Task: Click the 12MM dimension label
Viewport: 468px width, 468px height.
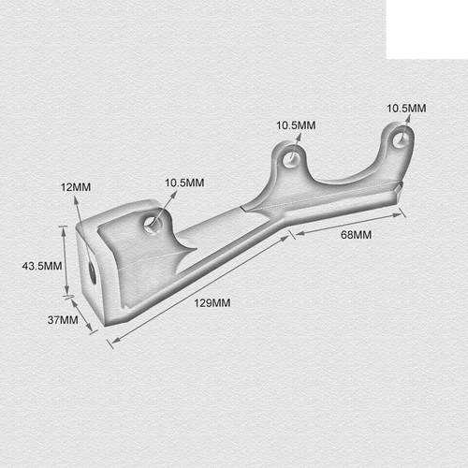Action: click(75, 187)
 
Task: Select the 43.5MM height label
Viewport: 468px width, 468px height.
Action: click(42, 266)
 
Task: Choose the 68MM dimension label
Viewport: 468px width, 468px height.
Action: click(356, 235)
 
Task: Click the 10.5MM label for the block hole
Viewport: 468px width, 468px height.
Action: click(184, 183)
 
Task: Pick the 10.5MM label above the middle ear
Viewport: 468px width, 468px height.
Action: click(296, 125)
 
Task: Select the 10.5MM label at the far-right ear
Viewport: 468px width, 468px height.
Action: click(406, 109)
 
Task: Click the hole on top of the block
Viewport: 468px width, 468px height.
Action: click(152, 223)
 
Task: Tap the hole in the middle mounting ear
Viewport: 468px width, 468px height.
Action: click(293, 158)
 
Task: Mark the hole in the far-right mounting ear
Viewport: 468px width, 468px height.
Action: click(402, 139)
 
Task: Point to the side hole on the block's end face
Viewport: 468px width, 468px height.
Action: click(92, 271)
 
